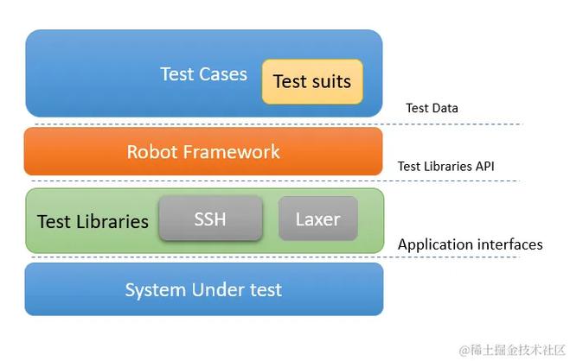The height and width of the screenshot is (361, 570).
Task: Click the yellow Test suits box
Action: pos(312,81)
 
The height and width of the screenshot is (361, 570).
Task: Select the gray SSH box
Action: pos(210,218)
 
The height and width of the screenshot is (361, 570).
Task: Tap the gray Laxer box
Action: pos(317,218)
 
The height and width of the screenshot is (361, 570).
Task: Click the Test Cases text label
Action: pos(203,74)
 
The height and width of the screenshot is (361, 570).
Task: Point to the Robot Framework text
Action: pos(203,152)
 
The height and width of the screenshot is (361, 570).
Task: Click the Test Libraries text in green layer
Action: pos(93,221)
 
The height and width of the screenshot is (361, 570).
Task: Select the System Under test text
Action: pos(203,289)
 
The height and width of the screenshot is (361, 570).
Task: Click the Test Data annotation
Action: pos(432,108)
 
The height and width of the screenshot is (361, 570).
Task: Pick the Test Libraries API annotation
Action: pos(445,166)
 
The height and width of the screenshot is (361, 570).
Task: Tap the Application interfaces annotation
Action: pos(470,244)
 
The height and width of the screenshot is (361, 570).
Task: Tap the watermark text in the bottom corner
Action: pos(512,349)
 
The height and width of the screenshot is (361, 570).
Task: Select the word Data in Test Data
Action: pos(445,108)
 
